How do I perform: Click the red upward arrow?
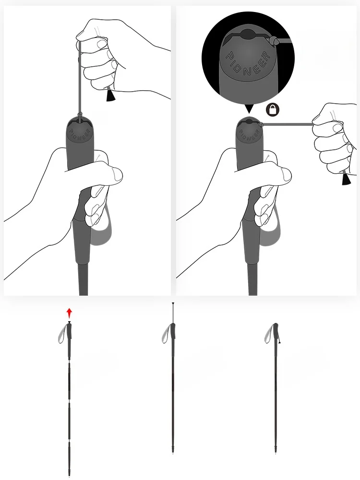point(70,313)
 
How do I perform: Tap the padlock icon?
point(273,109)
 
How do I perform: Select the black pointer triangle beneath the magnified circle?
point(249,109)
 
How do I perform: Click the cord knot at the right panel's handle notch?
point(261,125)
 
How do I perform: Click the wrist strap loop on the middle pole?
point(166,333)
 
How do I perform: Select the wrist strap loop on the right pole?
point(269,333)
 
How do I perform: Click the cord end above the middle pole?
point(173,304)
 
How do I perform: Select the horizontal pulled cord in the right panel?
point(288,124)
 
